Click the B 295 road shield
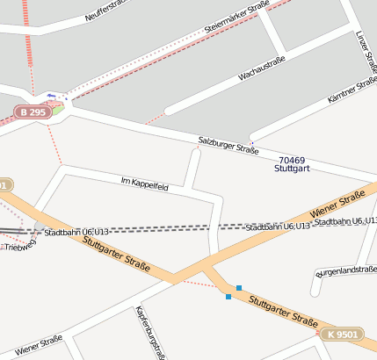click(x=32, y=112)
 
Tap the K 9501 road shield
click(x=341, y=335)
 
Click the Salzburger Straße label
click(x=228, y=145)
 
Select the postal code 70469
click(x=292, y=158)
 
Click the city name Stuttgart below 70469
click(x=292, y=168)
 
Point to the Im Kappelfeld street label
click(x=144, y=184)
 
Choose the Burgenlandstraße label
click(x=346, y=270)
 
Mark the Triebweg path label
click(x=18, y=248)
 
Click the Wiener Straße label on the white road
click(x=38, y=342)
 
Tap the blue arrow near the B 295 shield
click(x=51, y=96)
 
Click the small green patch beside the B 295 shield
click(x=57, y=110)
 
